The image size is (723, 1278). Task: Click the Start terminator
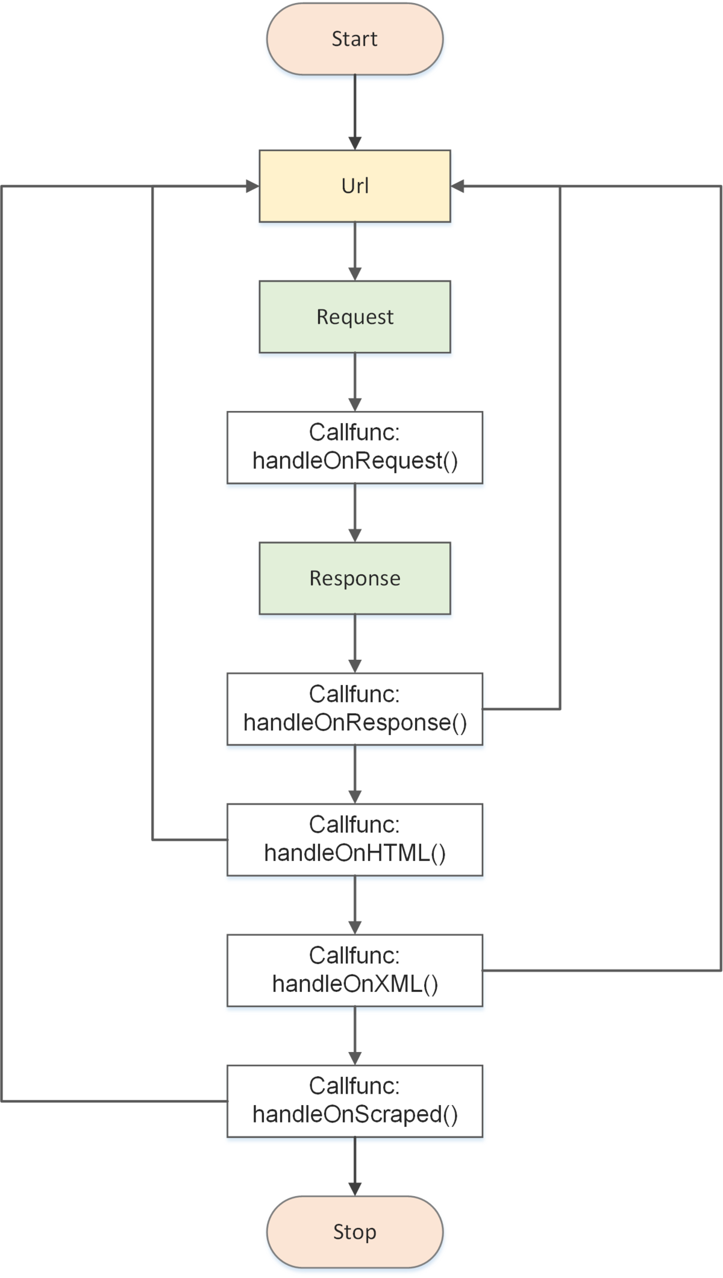tap(355, 39)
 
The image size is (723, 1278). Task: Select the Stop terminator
tap(355, 1232)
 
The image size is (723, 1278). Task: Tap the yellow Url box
tap(355, 186)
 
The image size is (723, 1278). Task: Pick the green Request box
tap(355, 317)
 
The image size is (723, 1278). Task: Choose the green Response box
tap(355, 578)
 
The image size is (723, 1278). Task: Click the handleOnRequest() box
tap(355, 448)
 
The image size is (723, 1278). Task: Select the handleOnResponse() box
tap(355, 709)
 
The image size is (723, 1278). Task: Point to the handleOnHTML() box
tap(355, 840)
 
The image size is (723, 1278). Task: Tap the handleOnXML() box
tap(355, 971)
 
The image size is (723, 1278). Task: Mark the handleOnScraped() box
tap(355, 1101)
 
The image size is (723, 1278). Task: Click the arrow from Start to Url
tap(355, 113)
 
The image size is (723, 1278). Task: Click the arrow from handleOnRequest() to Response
tap(355, 513)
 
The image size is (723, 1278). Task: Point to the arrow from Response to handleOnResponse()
tap(355, 644)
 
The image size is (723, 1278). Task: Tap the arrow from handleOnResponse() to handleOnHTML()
tap(355, 775)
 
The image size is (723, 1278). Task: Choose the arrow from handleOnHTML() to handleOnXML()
tap(355, 906)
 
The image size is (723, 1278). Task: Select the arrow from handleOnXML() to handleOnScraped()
tap(355, 1036)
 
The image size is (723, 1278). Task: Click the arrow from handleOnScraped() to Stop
tap(355, 1167)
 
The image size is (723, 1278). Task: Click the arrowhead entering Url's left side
tap(253, 186)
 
